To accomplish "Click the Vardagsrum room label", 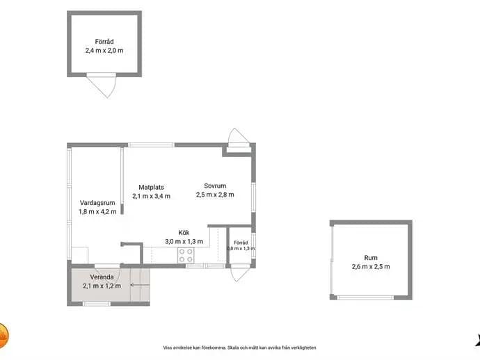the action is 97,203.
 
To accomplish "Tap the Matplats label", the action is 151,187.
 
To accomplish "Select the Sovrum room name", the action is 215,186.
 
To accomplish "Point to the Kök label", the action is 184,232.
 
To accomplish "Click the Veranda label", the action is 102,277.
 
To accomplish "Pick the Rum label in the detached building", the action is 371,258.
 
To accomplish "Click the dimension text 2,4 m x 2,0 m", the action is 104,51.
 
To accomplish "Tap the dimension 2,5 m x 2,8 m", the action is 215,195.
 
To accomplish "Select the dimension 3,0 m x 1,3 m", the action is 184,241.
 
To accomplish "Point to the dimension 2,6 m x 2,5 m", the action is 371,266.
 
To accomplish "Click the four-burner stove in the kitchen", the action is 186,255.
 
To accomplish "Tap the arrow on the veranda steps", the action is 141,285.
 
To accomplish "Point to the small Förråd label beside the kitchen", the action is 241,243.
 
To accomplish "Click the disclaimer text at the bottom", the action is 239,347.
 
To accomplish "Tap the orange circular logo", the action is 3,336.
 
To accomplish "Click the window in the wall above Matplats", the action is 151,145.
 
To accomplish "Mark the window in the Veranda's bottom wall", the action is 97,304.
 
